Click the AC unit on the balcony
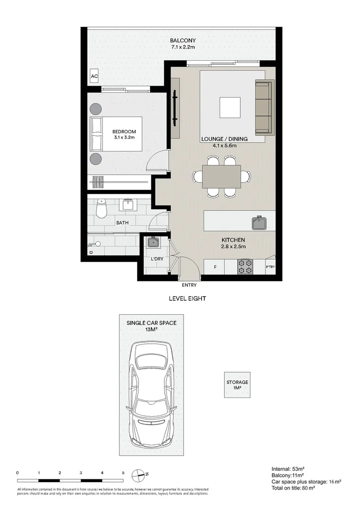coord(94,76)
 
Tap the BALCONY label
coord(183,41)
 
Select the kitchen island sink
coord(259,223)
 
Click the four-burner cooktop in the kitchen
coord(246,266)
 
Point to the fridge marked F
coord(215,267)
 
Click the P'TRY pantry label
coord(271,267)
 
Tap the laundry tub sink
coord(153,242)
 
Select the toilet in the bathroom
coord(101,209)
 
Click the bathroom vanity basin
coord(127,205)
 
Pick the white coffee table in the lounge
coord(230,107)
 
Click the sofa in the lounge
coord(264,107)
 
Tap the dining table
coord(221,176)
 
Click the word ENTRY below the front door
coord(189,285)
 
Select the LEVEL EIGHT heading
coord(187,298)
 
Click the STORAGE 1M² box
coord(237,385)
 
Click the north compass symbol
coord(138,476)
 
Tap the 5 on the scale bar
coord(123,473)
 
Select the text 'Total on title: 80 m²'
coord(293,488)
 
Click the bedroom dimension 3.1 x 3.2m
coord(124,138)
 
